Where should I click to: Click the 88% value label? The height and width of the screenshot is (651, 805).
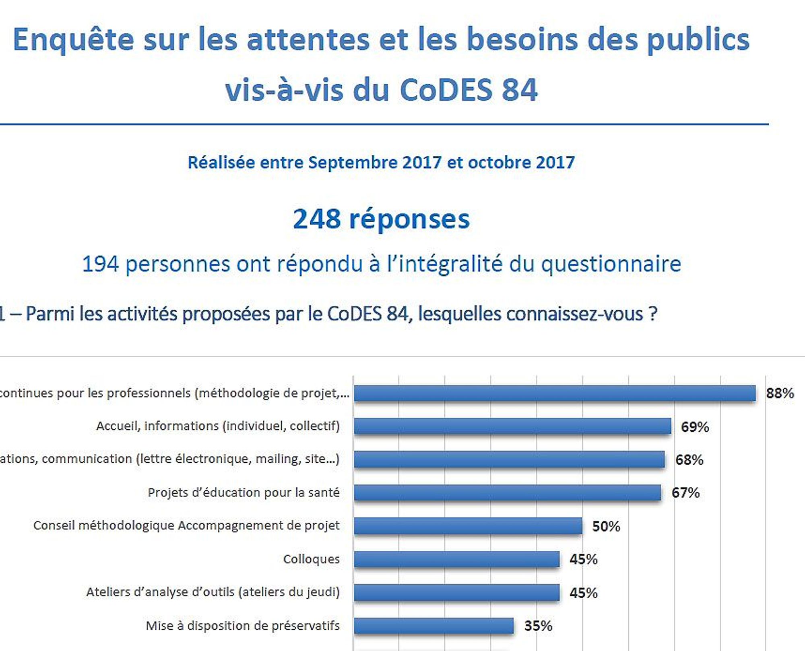[780, 393]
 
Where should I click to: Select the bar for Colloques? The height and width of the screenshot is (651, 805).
[457, 559]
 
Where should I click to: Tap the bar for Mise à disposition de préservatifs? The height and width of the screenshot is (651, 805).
[434, 626]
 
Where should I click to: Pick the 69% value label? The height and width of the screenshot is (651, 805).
[695, 426]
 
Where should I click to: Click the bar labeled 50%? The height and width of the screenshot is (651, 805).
[468, 526]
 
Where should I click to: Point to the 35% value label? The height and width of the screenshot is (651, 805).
[538, 626]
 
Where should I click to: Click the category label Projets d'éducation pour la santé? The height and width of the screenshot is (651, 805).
[244, 492]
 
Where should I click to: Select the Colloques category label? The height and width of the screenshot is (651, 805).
[311, 559]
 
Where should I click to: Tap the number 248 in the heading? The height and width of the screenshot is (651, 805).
[317, 219]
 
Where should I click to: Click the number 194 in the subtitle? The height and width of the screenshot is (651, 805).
[100, 264]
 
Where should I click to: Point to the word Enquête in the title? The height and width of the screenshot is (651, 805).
[73, 40]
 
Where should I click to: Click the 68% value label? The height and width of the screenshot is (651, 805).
[689, 459]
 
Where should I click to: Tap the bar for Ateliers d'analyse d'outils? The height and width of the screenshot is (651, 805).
[457, 592]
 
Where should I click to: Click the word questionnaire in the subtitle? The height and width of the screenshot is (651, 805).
[611, 264]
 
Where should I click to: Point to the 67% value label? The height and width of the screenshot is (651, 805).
[685, 492]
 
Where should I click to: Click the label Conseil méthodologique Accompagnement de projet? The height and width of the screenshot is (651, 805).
[186, 525]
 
